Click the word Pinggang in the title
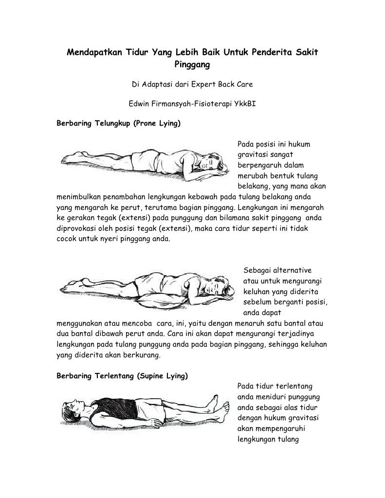(192, 63)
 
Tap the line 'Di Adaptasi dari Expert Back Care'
(192, 84)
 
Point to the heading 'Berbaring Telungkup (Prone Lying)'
(119, 124)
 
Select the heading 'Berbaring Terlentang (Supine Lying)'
(122, 376)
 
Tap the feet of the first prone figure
(68, 158)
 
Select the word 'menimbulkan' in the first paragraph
(79, 197)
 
